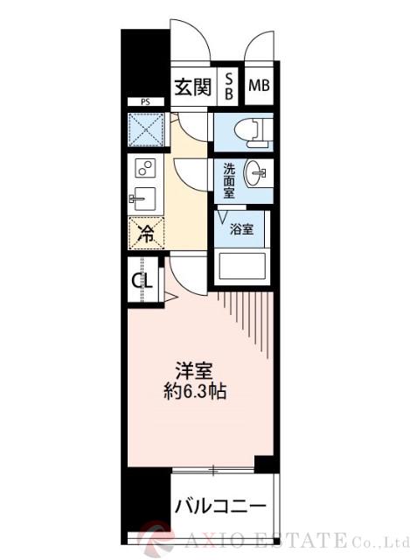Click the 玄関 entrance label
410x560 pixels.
coord(191,87)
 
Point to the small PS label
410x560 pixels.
coord(144,102)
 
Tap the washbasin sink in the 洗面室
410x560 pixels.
coord(254,175)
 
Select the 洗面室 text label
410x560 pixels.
coord(228,178)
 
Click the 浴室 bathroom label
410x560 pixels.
coord(241,229)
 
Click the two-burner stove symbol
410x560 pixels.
coord(145,168)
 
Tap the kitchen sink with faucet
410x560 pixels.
coord(144,199)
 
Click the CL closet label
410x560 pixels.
coord(142,281)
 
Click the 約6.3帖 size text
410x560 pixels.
coord(197,392)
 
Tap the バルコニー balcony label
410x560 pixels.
coord(219,506)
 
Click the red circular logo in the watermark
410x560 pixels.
coord(163,535)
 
